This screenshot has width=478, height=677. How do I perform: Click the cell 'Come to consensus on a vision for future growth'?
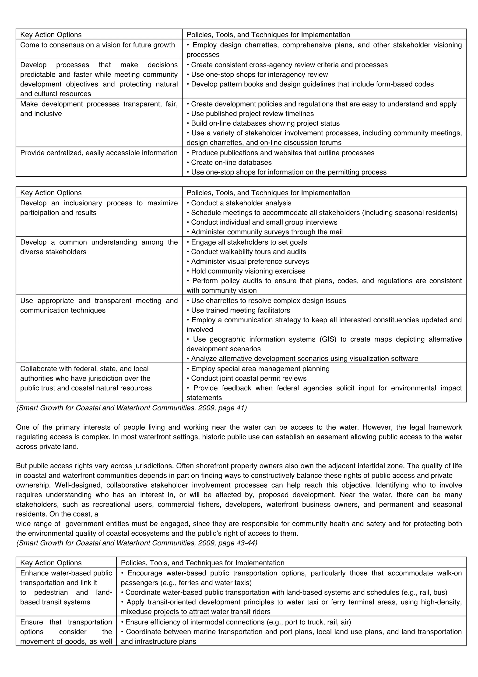pos(98,45)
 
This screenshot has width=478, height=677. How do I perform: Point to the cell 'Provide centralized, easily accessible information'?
pos(99,153)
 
